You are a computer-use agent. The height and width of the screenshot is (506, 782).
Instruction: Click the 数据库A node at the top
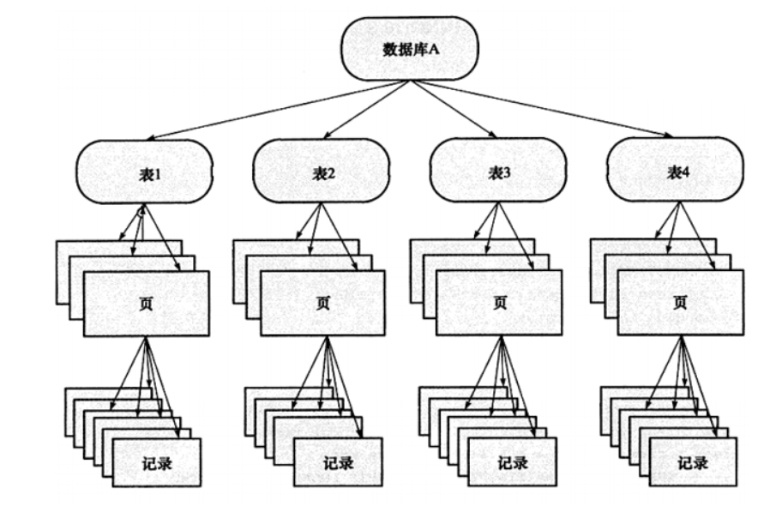point(409,48)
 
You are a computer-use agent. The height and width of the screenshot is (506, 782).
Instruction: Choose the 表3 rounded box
point(498,172)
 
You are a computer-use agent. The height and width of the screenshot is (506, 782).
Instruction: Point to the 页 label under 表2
point(322,303)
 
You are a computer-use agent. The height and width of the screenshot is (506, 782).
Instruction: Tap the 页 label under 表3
point(499,303)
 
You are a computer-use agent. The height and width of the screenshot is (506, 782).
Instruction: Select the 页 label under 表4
point(681,303)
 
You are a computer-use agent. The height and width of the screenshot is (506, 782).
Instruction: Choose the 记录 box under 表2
point(336,461)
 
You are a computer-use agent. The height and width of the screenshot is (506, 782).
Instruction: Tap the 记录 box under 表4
point(692,461)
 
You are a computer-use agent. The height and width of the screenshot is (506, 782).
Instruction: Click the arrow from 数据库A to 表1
point(274,110)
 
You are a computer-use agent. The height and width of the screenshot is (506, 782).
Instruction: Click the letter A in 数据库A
point(433,48)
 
